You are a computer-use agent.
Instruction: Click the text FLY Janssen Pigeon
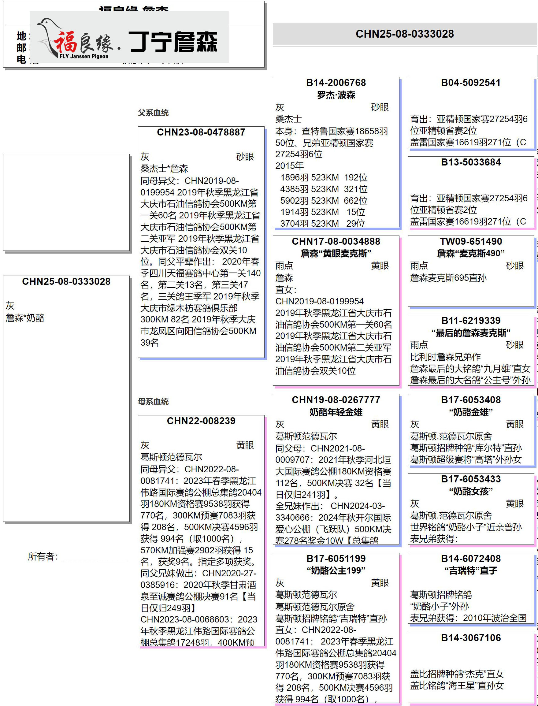84,56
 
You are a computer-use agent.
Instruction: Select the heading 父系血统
153,113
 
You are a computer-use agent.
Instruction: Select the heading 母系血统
153,401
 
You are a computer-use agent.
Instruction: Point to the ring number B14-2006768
336,83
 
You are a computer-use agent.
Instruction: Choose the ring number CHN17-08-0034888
336,241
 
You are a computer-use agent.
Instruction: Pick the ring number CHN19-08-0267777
336,400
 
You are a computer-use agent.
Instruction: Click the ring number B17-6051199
336,558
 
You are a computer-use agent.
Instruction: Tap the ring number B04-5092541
471,83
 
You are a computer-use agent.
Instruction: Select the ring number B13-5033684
471,162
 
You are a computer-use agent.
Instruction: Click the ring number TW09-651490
471,241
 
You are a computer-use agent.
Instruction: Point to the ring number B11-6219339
471,321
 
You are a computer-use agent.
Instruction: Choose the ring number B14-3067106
471,638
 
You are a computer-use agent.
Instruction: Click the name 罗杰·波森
336,95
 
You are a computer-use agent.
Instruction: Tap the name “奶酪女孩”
471,491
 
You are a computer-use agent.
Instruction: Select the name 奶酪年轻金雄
336,412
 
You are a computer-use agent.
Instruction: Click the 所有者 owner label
43,556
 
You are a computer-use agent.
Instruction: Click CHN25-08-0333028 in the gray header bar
405,34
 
